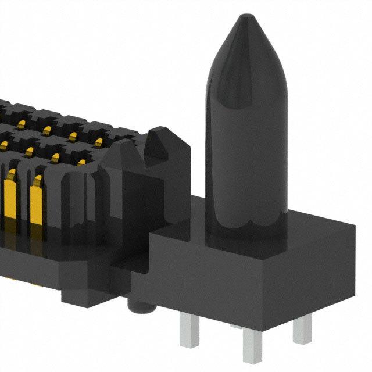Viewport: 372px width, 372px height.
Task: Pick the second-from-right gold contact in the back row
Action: [x=73, y=136]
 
